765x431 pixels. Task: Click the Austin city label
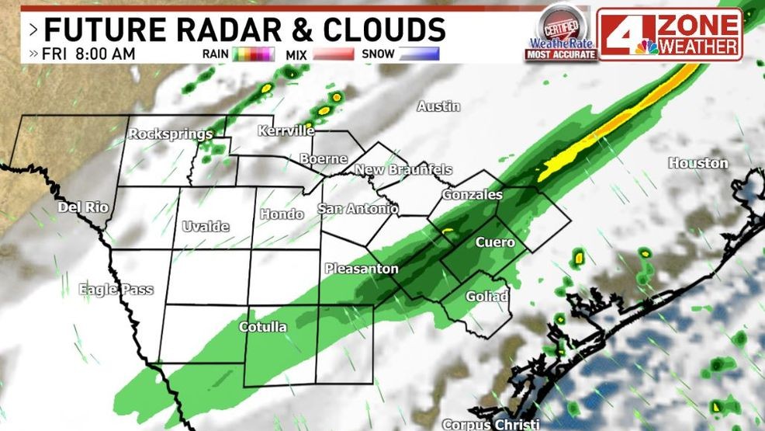pyautogui.click(x=438, y=106)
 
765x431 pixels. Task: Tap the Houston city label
pyautogui.click(x=698, y=163)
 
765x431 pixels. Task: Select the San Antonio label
pyautogui.click(x=358, y=209)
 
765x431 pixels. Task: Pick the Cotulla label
pyautogui.click(x=262, y=326)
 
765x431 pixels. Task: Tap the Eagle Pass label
pyautogui.click(x=116, y=290)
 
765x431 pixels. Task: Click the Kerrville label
pyautogui.click(x=286, y=130)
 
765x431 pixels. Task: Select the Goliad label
pyautogui.click(x=486, y=297)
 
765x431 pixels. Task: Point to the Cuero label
pyautogui.click(x=495, y=242)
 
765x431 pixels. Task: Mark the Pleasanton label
pyautogui.click(x=362, y=269)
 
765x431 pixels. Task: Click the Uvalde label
pyautogui.click(x=206, y=226)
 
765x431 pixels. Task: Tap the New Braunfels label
pyautogui.click(x=403, y=169)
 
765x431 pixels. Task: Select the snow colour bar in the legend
pyautogui.click(x=418, y=54)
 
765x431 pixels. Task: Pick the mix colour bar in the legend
pyautogui.click(x=332, y=54)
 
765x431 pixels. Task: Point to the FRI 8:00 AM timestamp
pyautogui.click(x=89, y=54)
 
